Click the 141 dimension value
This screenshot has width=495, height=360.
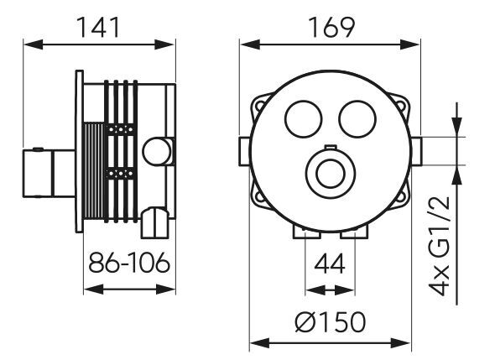[98, 28]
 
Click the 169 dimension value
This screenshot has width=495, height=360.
[331, 28]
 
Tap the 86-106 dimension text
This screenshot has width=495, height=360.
[129, 263]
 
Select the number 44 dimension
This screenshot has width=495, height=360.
[330, 264]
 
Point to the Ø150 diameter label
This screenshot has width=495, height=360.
[331, 322]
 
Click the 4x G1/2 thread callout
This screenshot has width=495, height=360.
[439, 246]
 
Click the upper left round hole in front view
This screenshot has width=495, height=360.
[304, 119]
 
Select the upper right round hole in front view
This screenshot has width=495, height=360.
[357, 119]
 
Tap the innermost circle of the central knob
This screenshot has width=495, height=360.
[329, 174]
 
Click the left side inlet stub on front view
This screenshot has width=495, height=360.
[244, 151]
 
